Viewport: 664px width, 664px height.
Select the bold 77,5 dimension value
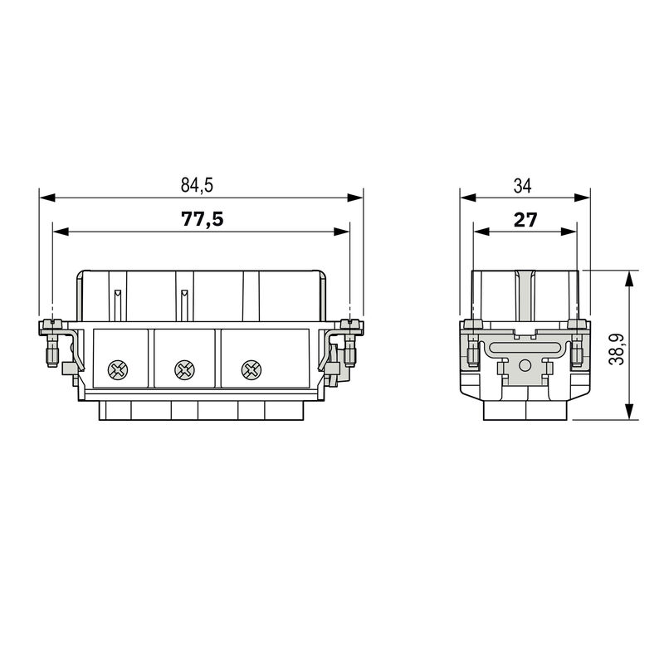pyautogui.click(x=202, y=220)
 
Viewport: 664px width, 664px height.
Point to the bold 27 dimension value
pyautogui.click(x=525, y=220)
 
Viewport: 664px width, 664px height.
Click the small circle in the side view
pyautogui.click(x=524, y=366)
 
